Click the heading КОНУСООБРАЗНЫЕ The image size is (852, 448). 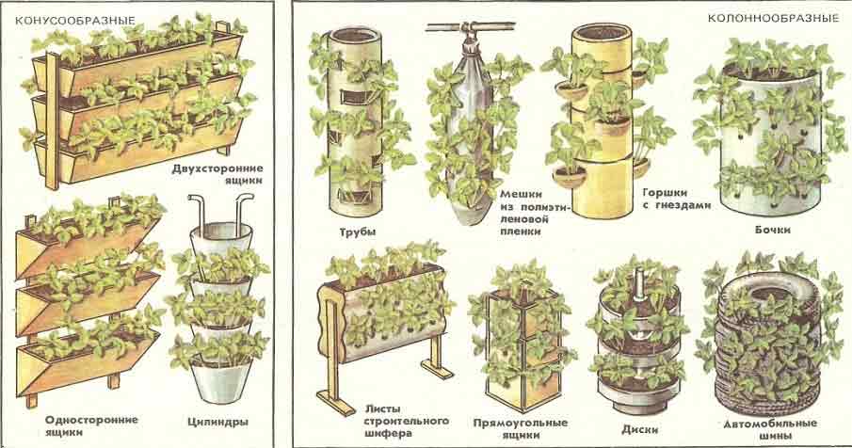pos(75,21)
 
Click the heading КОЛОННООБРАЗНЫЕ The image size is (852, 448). pos(773,18)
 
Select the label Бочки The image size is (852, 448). pos(772,230)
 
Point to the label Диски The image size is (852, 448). pos(640,429)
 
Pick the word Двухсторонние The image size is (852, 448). pos(217,168)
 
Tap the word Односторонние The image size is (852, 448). pos(92,420)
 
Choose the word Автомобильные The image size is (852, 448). pos(770,424)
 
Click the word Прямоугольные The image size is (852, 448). pos(520,422)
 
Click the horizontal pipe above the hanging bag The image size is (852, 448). pos(470,26)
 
